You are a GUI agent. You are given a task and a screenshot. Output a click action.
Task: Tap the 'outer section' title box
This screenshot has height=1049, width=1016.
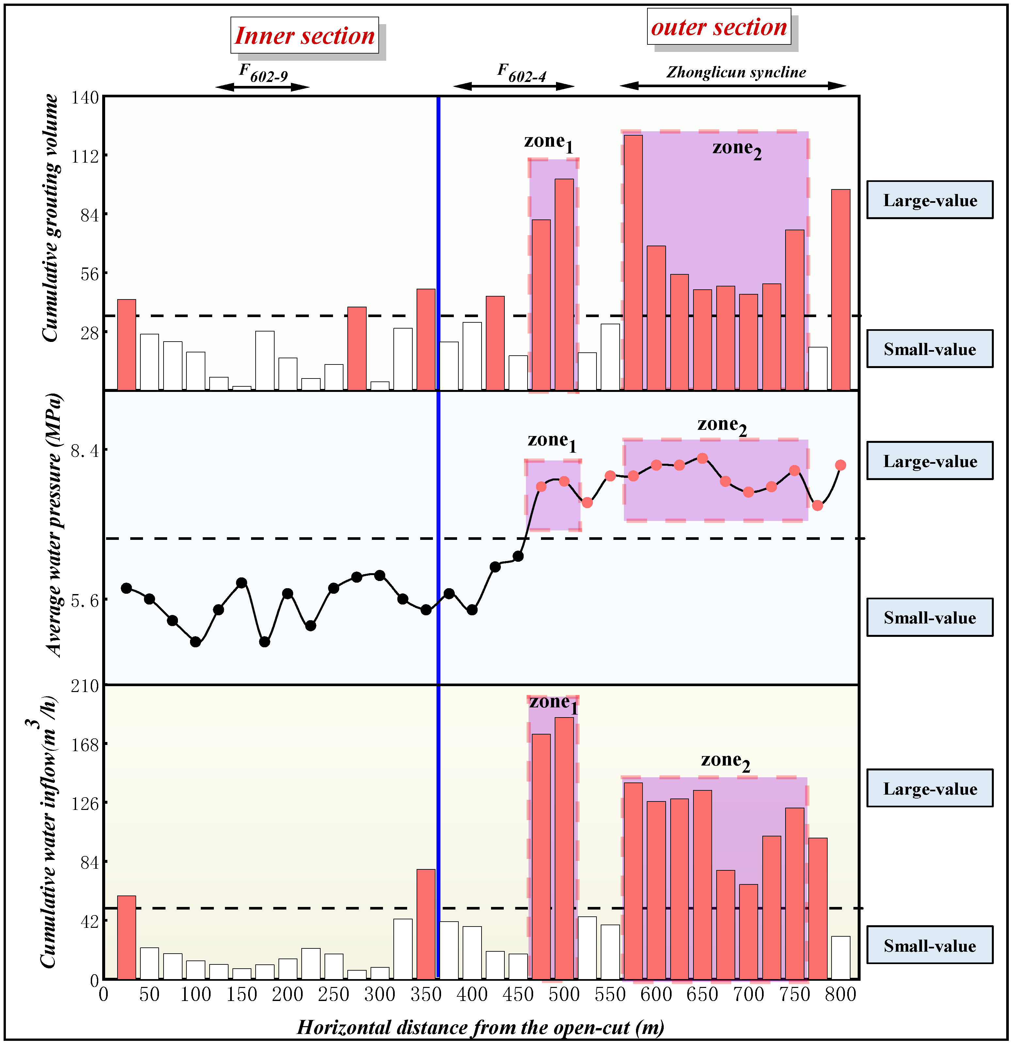(719, 27)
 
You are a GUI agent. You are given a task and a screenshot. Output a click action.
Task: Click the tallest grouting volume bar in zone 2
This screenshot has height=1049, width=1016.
(633, 262)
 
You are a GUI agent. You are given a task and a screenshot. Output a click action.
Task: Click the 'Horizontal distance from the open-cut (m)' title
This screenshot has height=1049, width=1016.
(481, 1027)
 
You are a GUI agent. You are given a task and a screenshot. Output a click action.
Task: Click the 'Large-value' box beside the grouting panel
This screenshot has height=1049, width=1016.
(930, 200)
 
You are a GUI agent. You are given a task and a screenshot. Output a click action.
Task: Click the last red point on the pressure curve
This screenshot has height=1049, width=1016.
(840, 465)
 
